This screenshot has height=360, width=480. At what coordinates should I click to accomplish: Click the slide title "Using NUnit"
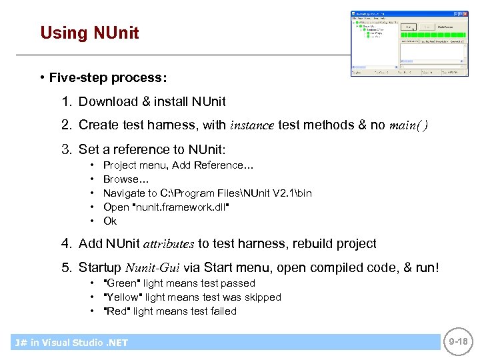tap(89, 33)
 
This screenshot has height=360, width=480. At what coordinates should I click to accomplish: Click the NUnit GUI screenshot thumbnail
tap(405, 43)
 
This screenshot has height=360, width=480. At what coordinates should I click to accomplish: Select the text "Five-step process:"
tap(107, 78)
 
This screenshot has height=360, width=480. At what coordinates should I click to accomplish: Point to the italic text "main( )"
tap(408, 125)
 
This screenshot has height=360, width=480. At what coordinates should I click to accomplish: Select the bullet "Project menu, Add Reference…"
tap(178, 165)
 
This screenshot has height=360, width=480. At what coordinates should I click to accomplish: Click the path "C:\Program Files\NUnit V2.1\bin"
tap(236, 193)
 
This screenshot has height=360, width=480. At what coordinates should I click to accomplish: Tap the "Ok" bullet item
tap(110, 221)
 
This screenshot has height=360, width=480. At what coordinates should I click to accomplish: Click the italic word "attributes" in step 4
tap(170, 244)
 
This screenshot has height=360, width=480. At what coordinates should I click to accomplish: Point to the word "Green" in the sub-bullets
tap(123, 283)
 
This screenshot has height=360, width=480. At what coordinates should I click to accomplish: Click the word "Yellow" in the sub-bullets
tap(123, 297)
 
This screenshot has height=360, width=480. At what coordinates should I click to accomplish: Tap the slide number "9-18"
tap(459, 341)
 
